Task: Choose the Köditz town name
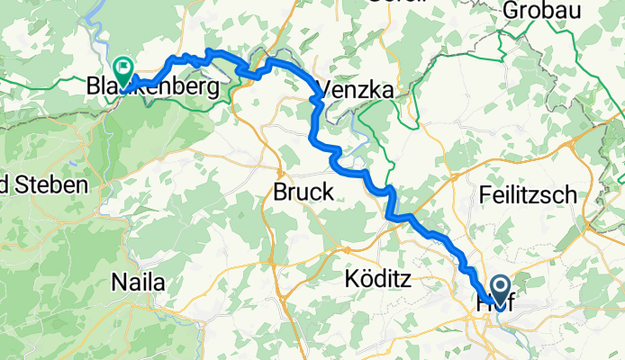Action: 377,281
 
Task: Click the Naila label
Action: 138,283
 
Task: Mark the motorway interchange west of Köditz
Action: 345,245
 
